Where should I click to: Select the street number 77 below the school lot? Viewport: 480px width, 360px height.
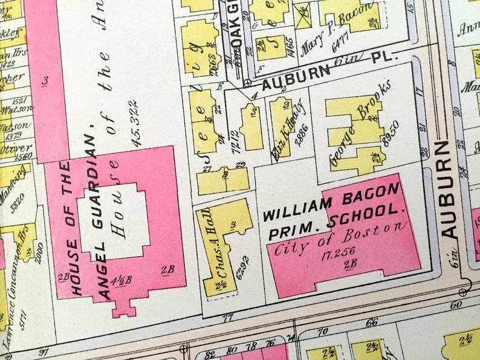tap(229, 318)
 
